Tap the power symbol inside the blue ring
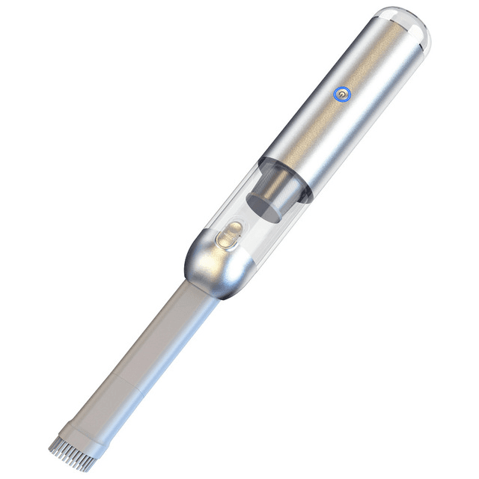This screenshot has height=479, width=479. [341, 96]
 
